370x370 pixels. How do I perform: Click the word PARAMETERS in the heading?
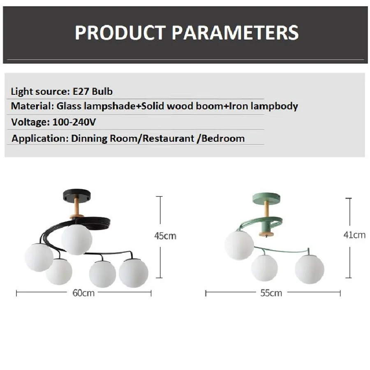pyautogui.click(x=235, y=32)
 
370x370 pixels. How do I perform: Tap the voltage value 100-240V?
pyautogui.click(x=74, y=122)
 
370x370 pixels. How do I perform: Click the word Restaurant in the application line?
pyautogui.click(x=168, y=139)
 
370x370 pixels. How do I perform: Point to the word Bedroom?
pyautogui.click(x=223, y=139)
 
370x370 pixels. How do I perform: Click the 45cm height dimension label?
pyautogui.click(x=165, y=236)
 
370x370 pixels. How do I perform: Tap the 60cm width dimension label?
pyautogui.click(x=83, y=293)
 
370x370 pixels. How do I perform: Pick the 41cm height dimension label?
pyautogui.click(x=354, y=235)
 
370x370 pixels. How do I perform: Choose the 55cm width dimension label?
pyautogui.click(x=271, y=293)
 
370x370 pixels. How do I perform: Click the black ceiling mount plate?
pyautogui.click(x=76, y=195)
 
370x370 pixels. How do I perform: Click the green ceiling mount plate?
pyautogui.click(x=266, y=198)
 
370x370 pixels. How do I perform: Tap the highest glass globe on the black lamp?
pyautogui.click(x=77, y=240)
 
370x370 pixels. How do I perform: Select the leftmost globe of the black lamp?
pyautogui.click(x=39, y=257)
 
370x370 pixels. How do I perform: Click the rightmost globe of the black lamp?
pyautogui.click(x=134, y=273)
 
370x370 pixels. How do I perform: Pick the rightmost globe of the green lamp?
pyautogui.click(x=309, y=269)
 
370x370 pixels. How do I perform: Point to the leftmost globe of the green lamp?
pyautogui.click(x=239, y=245)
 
